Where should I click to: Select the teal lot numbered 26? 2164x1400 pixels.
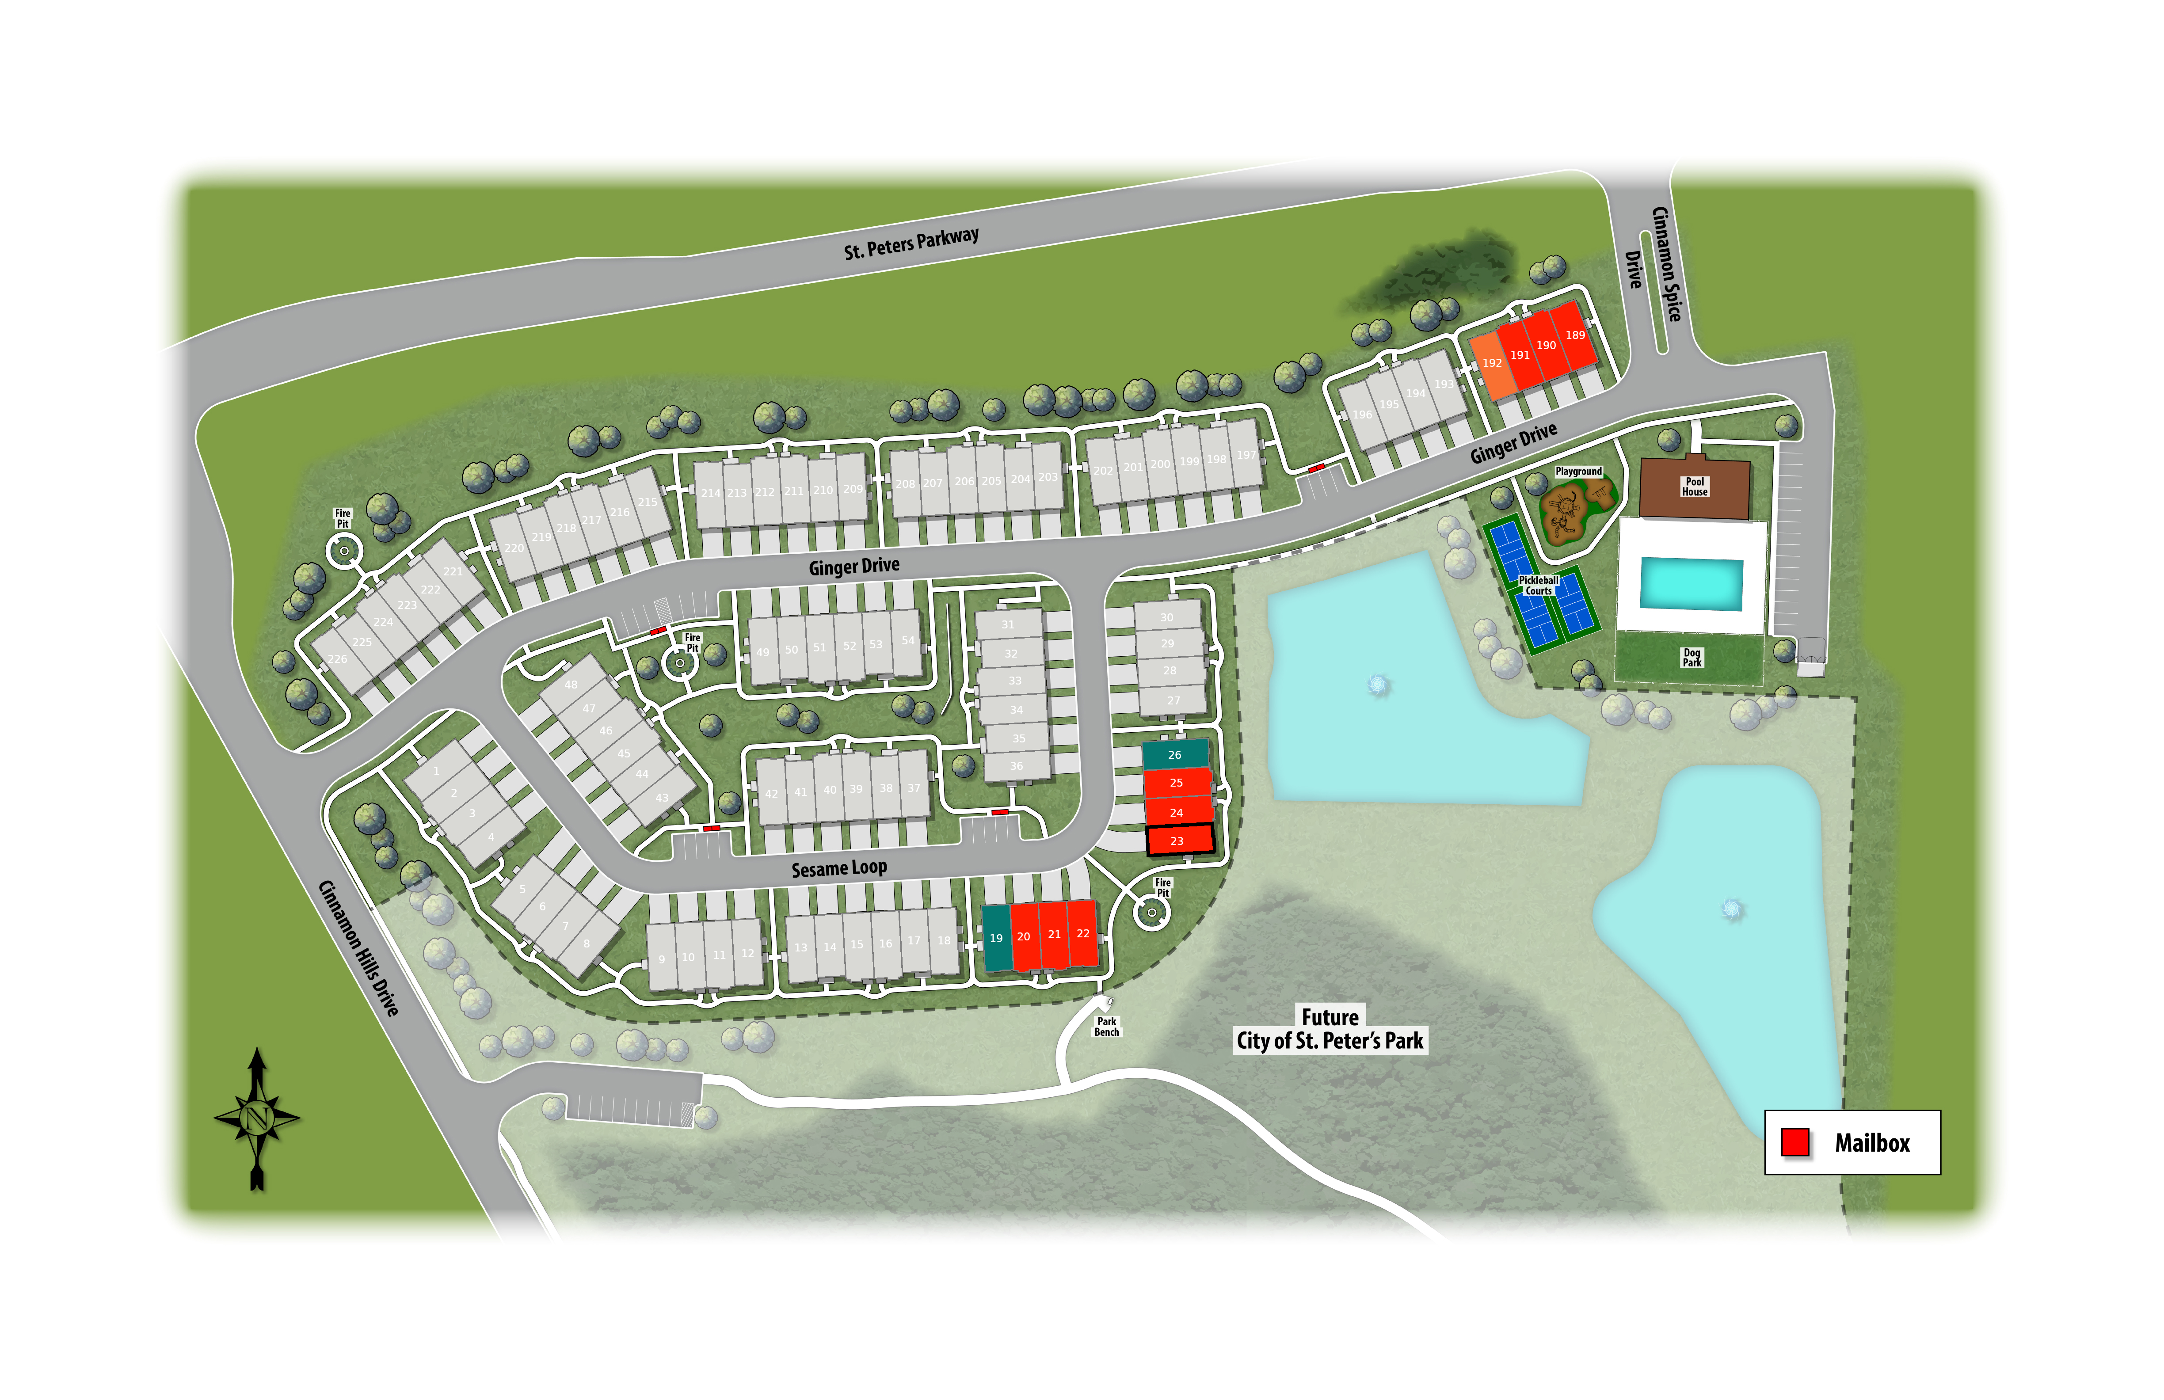(x=1175, y=754)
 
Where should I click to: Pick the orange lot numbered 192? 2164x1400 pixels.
(x=1491, y=364)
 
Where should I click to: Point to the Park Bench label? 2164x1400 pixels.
(x=1107, y=1027)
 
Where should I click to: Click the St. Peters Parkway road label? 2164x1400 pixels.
(x=911, y=243)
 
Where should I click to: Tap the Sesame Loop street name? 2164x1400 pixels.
(x=838, y=868)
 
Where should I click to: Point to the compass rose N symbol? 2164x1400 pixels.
(x=256, y=1117)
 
